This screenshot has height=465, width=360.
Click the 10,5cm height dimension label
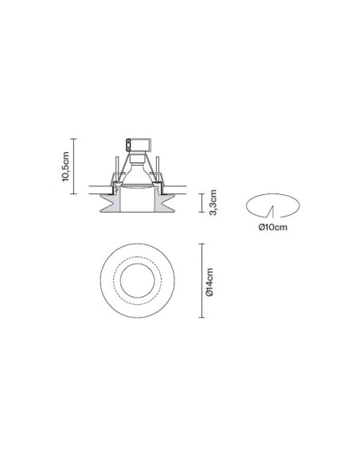(65, 166)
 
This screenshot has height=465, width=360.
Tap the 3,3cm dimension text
(213, 202)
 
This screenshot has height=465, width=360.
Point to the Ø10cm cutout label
(273, 227)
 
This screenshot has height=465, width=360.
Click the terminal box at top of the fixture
(139, 145)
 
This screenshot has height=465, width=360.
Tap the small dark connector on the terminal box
(128, 145)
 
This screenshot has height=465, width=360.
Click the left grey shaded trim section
(111, 202)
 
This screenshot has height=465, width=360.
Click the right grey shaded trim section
(164, 202)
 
